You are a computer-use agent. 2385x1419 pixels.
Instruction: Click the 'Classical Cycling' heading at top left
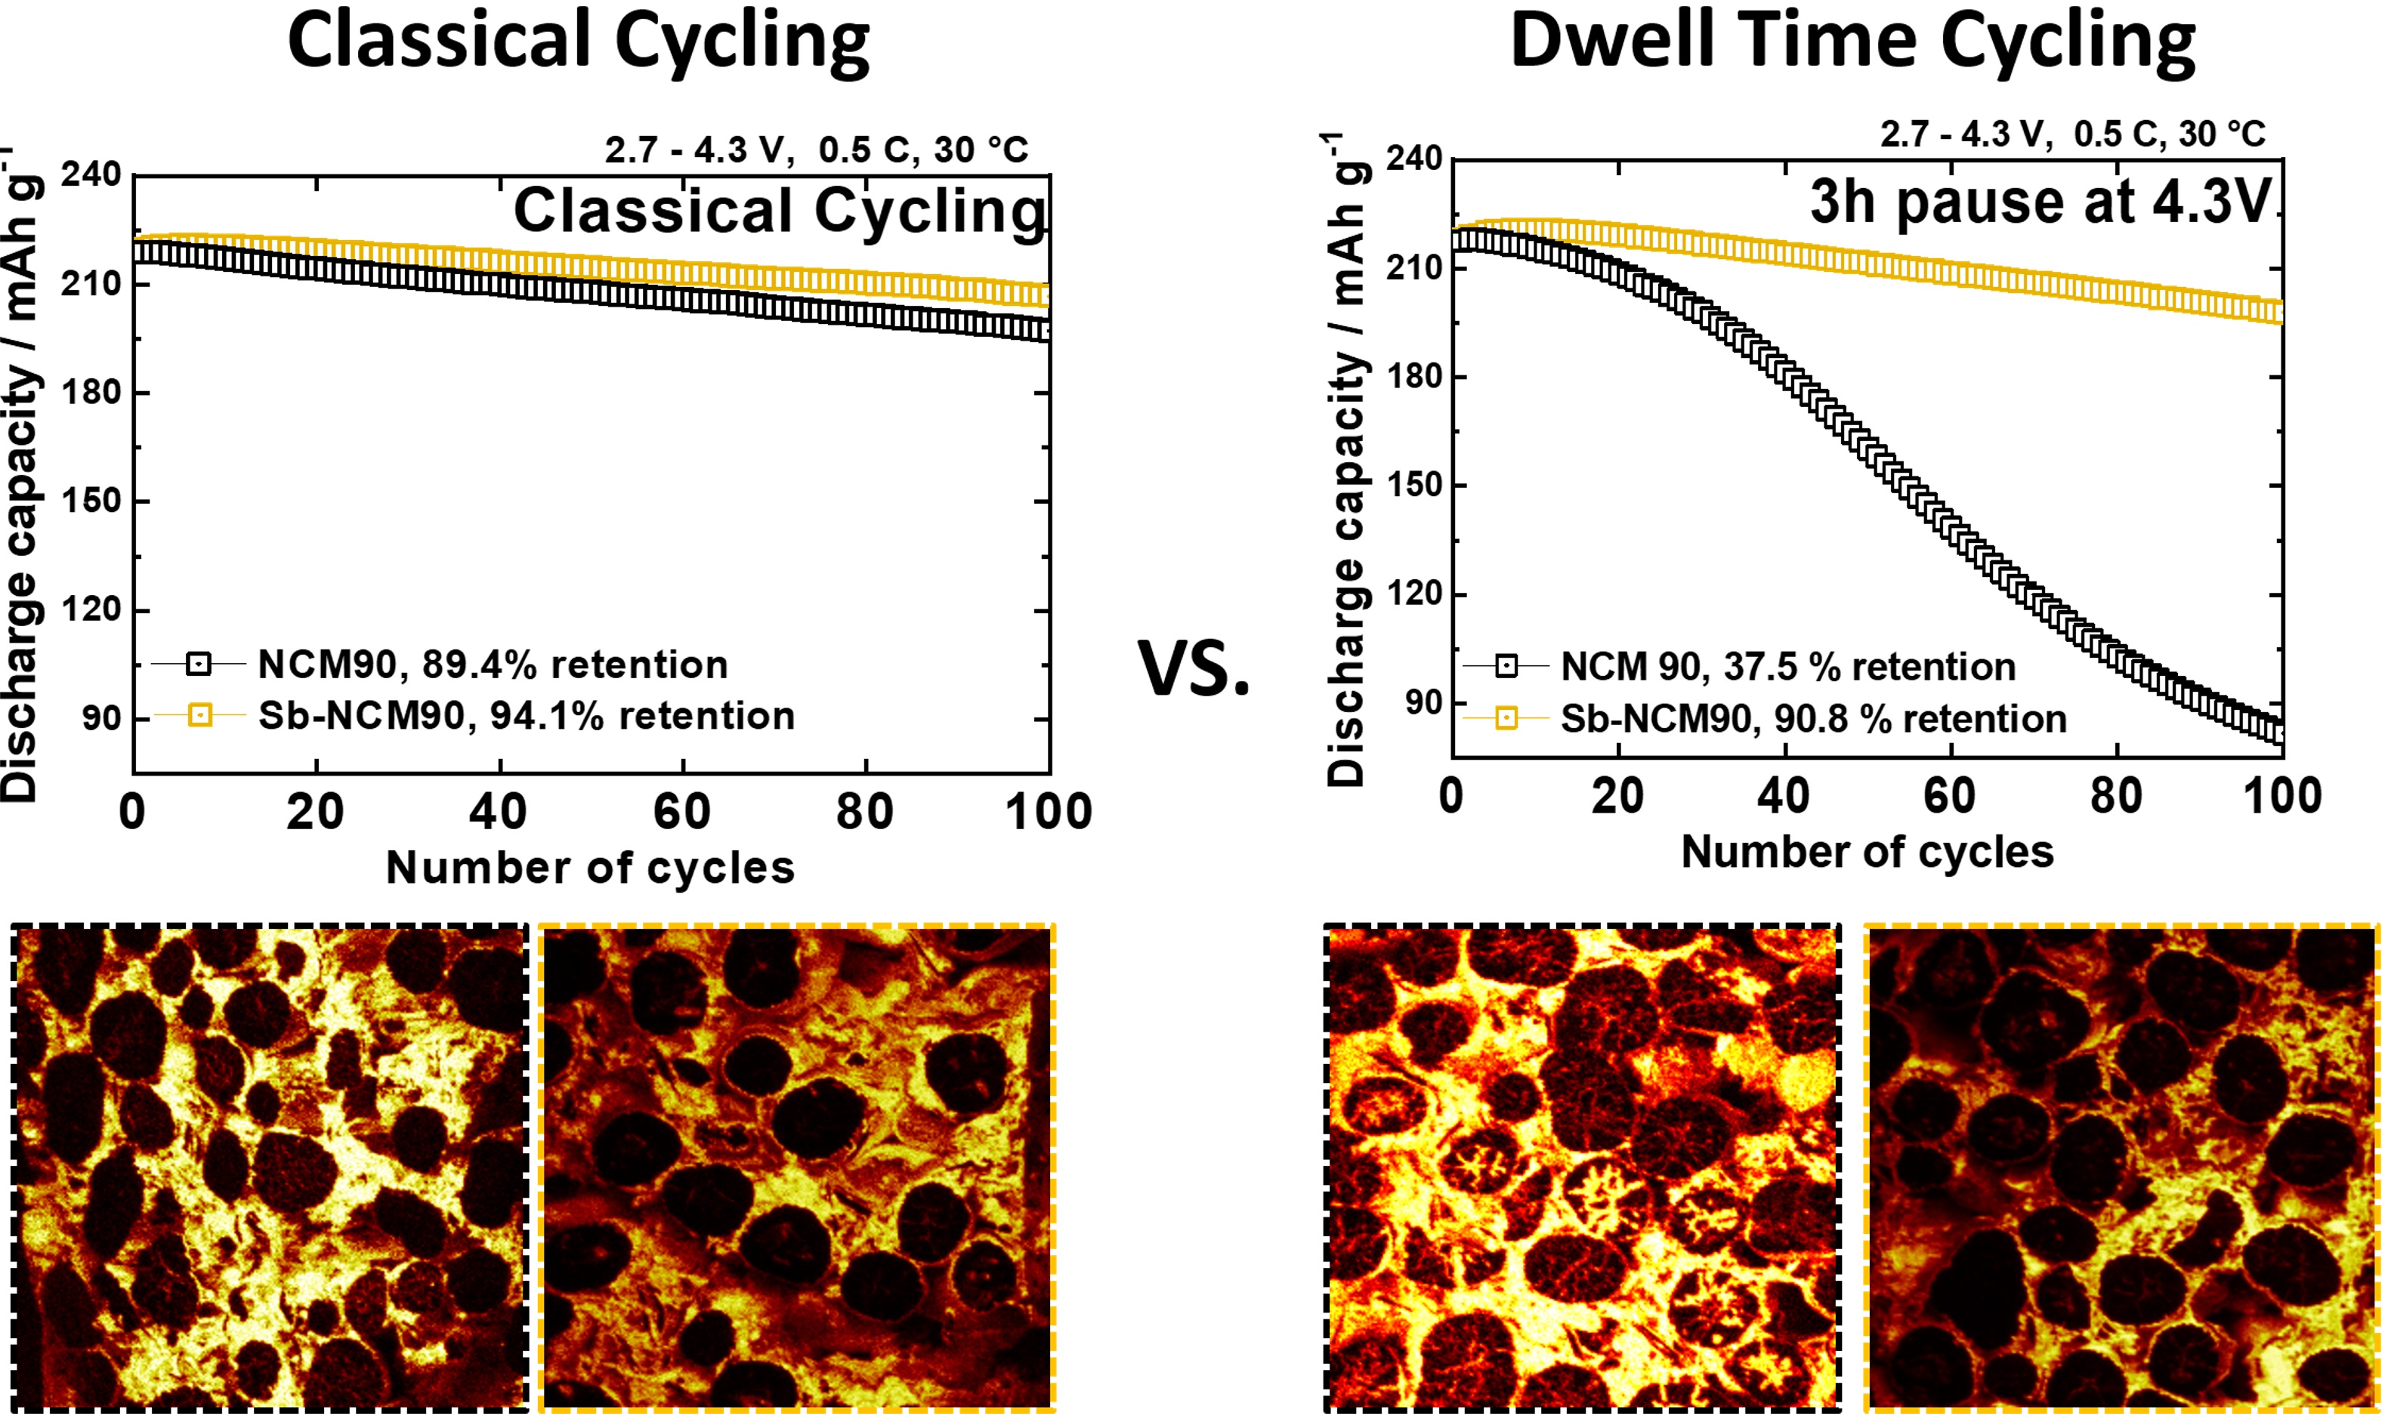pyautogui.click(x=578, y=40)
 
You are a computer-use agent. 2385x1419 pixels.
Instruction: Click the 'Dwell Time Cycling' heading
pyautogui.click(x=1852, y=40)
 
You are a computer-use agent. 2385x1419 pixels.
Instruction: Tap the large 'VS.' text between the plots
pyautogui.click(x=1194, y=668)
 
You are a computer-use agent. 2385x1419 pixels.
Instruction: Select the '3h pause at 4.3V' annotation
pyautogui.click(x=2039, y=202)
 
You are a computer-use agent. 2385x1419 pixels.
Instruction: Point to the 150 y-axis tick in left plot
pyautogui.click(x=92, y=500)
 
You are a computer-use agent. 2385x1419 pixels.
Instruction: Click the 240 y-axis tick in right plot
pyautogui.click(x=1413, y=158)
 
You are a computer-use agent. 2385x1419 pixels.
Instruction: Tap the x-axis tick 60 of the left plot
pyautogui.click(x=682, y=813)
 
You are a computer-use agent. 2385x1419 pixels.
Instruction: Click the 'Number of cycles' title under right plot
pyautogui.click(x=1867, y=852)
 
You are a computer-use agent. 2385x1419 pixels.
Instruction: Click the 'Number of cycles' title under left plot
pyautogui.click(x=590, y=868)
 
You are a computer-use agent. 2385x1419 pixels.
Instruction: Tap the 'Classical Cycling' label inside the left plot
pyautogui.click(x=780, y=211)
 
